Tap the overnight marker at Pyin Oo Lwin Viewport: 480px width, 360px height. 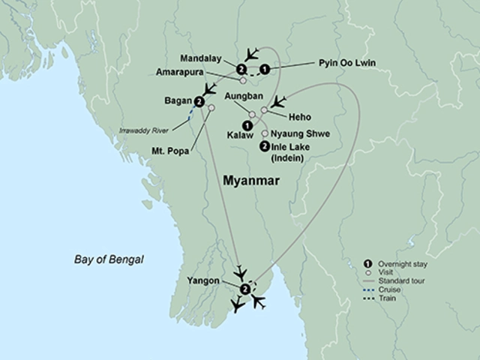pyautogui.click(x=265, y=70)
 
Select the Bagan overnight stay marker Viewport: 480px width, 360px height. pyautogui.click(x=198, y=102)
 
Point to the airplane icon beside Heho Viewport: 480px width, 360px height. pyautogui.click(x=278, y=101)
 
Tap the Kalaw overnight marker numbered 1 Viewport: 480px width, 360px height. pyautogui.click(x=245, y=124)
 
